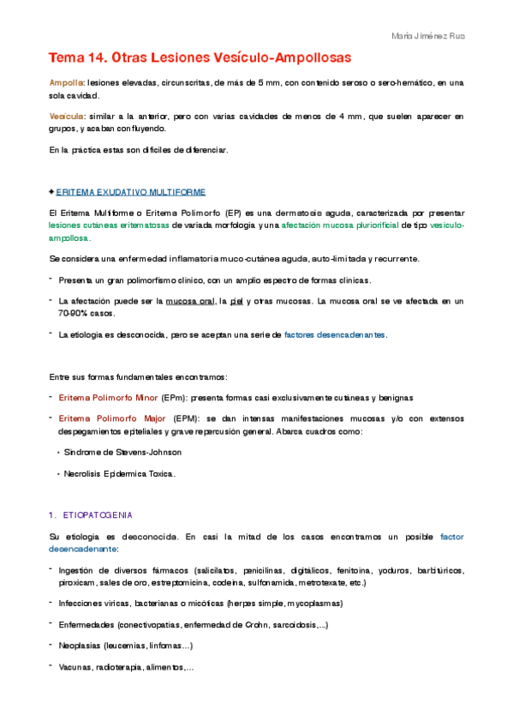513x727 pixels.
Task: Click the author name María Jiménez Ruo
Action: (x=427, y=37)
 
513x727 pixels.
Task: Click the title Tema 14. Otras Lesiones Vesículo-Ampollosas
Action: (x=200, y=57)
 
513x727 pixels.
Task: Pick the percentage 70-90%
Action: (x=75, y=313)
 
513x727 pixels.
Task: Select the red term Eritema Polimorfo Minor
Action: (x=108, y=398)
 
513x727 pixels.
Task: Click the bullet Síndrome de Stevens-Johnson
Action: (x=122, y=452)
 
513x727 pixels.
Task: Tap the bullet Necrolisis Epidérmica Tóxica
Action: (x=119, y=473)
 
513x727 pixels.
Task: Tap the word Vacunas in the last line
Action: (x=75, y=667)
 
